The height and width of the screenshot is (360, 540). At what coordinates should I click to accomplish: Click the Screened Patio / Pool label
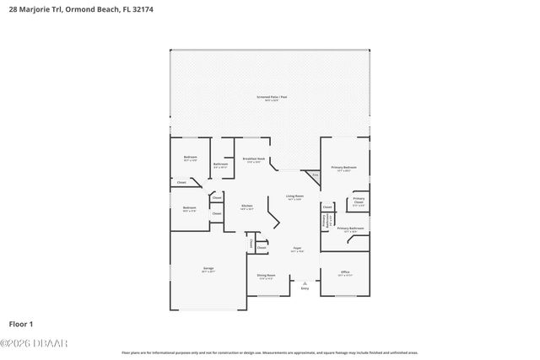pyautogui.click(x=272, y=98)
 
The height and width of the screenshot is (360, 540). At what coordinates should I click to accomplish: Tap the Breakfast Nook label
pyautogui.click(x=254, y=159)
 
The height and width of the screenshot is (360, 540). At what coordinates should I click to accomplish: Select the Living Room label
pyautogui.click(x=294, y=196)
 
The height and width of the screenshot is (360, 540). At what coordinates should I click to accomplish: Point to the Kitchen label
pyautogui.click(x=247, y=207)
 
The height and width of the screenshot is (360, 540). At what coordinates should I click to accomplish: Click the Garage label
pyautogui.click(x=208, y=270)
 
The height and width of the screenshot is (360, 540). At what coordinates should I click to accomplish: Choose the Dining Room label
pyautogui.click(x=266, y=276)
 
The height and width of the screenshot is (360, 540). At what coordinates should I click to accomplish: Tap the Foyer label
pyautogui.click(x=297, y=250)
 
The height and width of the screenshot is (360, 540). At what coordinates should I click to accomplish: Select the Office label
pyautogui.click(x=345, y=272)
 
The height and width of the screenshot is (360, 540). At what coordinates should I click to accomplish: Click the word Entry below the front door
pyautogui.click(x=305, y=289)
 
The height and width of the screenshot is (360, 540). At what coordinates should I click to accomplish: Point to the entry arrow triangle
pyautogui.click(x=305, y=282)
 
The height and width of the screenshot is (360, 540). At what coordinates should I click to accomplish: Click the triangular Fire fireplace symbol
pyautogui.click(x=314, y=175)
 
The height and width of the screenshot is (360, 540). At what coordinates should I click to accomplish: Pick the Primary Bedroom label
pyautogui.click(x=343, y=168)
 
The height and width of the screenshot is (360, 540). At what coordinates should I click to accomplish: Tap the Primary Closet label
pyautogui.click(x=359, y=201)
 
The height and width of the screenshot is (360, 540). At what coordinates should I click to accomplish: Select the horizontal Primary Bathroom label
pyautogui.click(x=350, y=228)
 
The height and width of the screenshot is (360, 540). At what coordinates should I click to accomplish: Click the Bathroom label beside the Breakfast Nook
pyautogui.click(x=220, y=164)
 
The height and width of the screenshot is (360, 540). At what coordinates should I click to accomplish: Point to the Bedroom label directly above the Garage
pyautogui.click(x=189, y=208)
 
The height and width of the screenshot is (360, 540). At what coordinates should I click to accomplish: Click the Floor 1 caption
pyautogui.click(x=21, y=323)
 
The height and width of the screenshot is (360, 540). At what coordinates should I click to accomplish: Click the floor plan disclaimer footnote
pyautogui.click(x=270, y=352)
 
